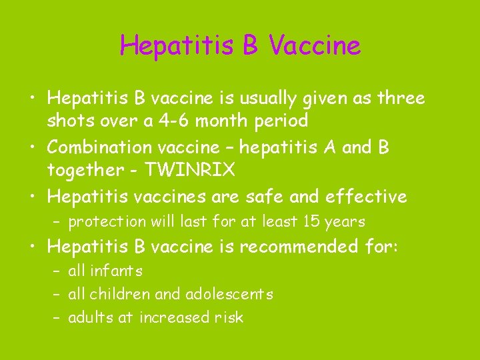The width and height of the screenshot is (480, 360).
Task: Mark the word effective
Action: pyautogui.click(x=366, y=196)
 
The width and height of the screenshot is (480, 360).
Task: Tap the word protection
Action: pyautogui.click(x=107, y=221)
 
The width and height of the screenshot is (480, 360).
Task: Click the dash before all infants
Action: pyautogui.click(x=57, y=271)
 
